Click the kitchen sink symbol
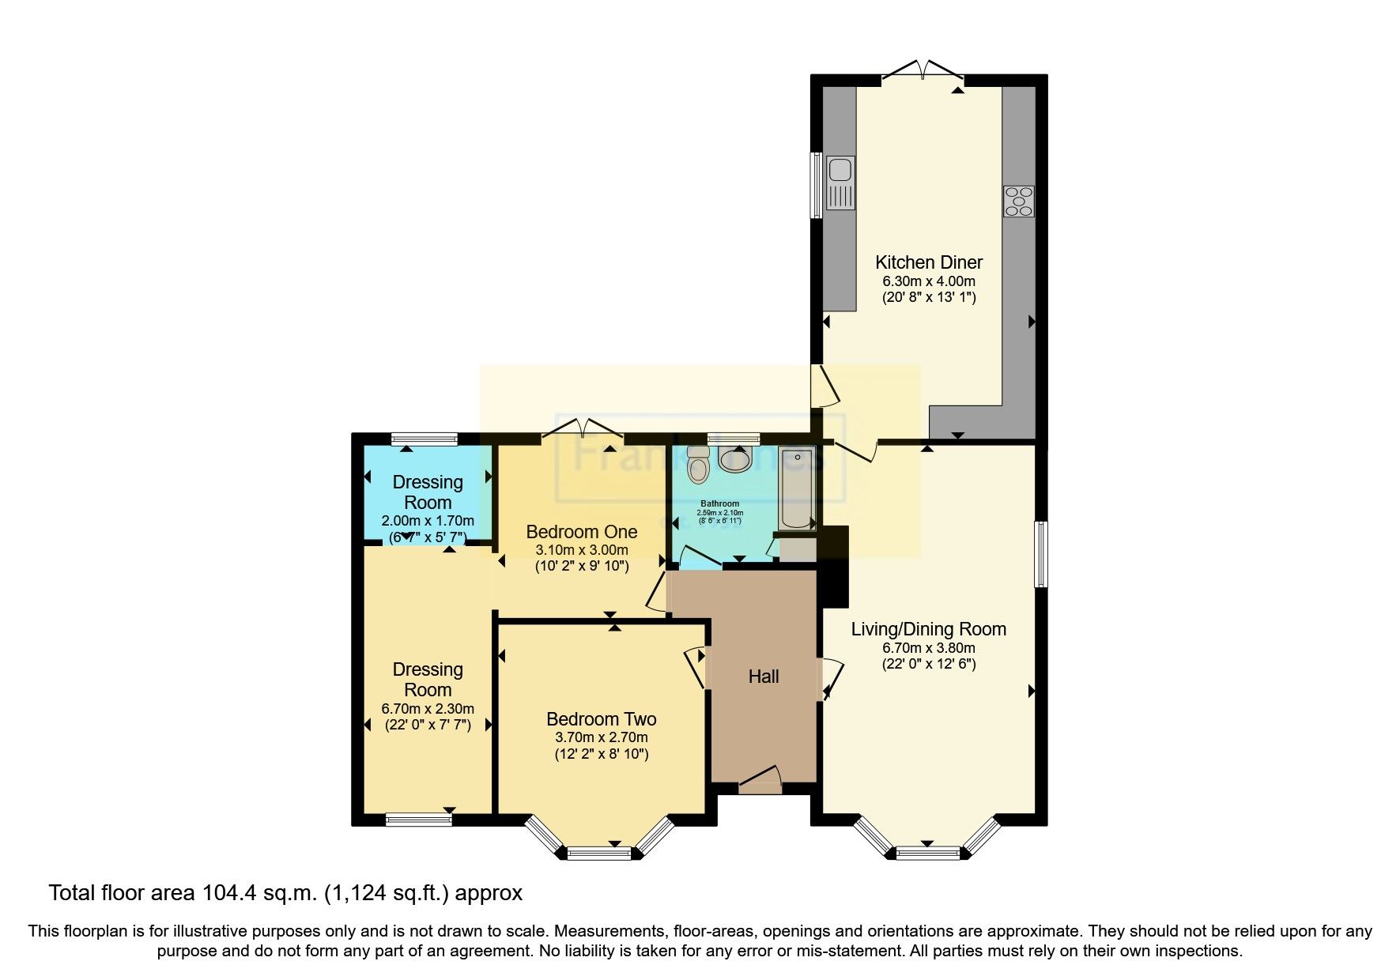coord(840,183)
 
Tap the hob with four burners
coord(1019,201)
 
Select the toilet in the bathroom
coord(699,465)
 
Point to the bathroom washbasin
coord(736,458)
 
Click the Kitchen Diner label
coord(929,262)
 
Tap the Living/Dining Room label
coord(928,629)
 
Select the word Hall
coord(764,677)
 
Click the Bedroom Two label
coord(601,719)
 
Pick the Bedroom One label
coord(581,531)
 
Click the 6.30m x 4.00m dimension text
coord(929,281)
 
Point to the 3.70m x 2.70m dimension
coord(601,737)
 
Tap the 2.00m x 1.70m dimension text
coord(428,521)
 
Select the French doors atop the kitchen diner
coord(923,71)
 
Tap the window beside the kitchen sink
coord(817,184)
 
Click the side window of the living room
coord(1041,553)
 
